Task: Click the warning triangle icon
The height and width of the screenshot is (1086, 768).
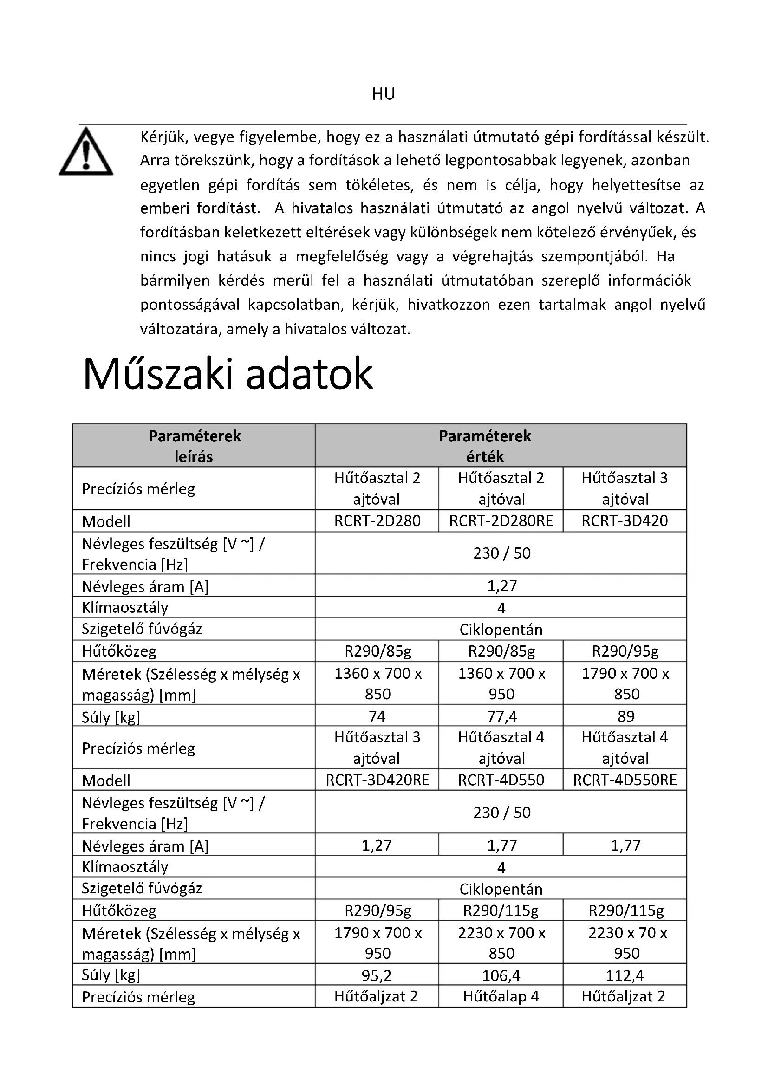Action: [x=86, y=152]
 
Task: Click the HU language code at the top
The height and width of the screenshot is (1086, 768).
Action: [x=383, y=94]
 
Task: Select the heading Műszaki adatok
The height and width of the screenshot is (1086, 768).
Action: [x=228, y=374]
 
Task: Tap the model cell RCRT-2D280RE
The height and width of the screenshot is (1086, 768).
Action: [x=501, y=521]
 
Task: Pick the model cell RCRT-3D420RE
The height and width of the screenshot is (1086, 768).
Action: [x=377, y=780]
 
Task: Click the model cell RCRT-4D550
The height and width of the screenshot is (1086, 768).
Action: [x=501, y=780]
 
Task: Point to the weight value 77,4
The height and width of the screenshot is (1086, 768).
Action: [x=502, y=716]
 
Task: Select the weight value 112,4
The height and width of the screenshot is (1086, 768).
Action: [x=625, y=975]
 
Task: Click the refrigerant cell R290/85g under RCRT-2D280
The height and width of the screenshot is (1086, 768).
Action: [x=377, y=651]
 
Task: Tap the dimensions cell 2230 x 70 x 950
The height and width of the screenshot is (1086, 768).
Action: [x=626, y=943]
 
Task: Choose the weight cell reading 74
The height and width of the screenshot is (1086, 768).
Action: [x=377, y=716]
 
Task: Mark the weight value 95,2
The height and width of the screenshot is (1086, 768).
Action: [x=377, y=975]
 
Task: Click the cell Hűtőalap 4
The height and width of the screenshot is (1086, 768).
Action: [x=501, y=996]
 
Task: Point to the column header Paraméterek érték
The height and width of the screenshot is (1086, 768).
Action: [x=485, y=446]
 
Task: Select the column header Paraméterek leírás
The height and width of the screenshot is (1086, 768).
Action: [x=194, y=446]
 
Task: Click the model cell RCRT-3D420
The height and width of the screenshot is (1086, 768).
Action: [x=625, y=521]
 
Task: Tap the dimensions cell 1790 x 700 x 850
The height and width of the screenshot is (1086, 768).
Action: [x=625, y=683]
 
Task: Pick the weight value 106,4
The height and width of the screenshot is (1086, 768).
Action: [x=502, y=975]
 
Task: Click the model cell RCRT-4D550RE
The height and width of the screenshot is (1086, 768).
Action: [x=625, y=780]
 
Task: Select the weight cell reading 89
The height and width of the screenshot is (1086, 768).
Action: [x=625, y=716]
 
